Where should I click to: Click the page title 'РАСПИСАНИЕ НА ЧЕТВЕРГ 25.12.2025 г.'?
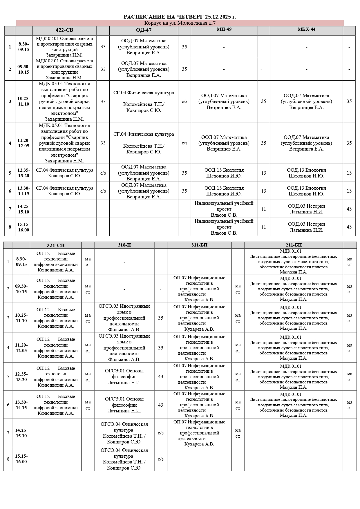(180, 17)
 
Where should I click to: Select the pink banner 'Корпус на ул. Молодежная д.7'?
(180, 23)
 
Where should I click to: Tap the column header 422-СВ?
(64, 30)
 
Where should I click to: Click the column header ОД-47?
(144, 30)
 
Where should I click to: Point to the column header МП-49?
(224, 29)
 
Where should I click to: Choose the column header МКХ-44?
(306, 29)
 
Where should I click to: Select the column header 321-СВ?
(56, 245)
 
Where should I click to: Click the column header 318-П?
(124, 245)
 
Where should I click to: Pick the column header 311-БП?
(199, 245)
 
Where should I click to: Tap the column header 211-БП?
(294, 245)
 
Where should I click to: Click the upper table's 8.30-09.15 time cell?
(24, 47)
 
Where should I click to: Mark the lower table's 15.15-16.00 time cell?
(21, 459)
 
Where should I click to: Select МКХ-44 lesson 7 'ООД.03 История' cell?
(306, 209)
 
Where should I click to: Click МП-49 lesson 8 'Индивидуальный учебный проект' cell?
(224, 227)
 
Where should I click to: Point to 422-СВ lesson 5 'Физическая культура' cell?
(64, 173)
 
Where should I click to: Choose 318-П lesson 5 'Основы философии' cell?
(124, 376)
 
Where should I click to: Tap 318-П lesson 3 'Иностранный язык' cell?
(124, 318)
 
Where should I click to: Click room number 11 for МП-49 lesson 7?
(263, 209)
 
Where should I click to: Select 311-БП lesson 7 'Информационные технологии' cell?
(199, 433)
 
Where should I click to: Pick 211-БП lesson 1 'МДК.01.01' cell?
(294, 262)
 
